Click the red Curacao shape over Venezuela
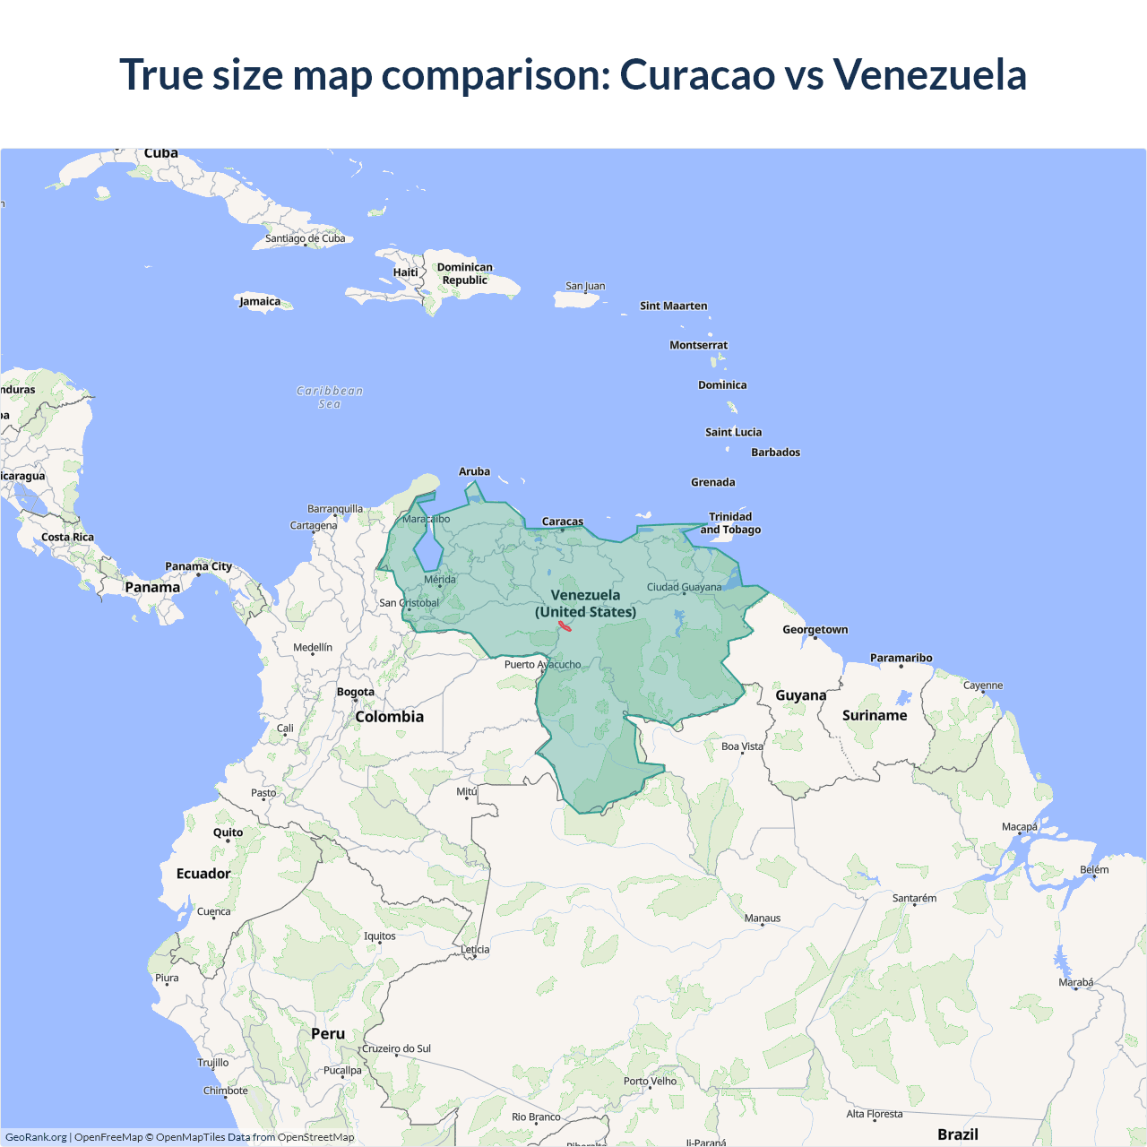point(565,626)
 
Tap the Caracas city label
point(563,522)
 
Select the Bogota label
point(356,692)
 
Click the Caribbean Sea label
point(330,397)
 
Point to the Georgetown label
point(815,629)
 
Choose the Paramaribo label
point(901,658)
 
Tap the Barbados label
point(775,453)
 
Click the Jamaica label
point(260,301)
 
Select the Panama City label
point(198,566)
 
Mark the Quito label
point(228,832)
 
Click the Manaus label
point(763,918)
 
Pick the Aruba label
point(474,471)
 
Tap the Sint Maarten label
point(673,306)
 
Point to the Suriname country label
point(875,715)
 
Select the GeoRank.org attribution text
point(36,1137)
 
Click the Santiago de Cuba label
point(305,238)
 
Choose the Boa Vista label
point(742,746)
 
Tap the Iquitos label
point(379,936)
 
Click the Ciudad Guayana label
point(684,587)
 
